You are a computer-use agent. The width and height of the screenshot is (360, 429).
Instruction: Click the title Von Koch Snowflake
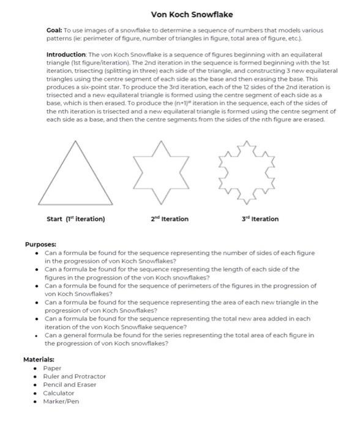point(192,14)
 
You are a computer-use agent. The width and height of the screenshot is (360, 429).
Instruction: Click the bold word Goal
point(54,30)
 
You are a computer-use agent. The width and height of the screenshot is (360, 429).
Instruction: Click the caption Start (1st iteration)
point(76,219)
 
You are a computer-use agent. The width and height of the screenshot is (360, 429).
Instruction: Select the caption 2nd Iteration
point(170,219)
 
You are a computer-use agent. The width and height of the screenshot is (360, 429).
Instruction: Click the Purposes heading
point(41,244)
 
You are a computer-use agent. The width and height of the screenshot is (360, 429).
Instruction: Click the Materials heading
point(39,359)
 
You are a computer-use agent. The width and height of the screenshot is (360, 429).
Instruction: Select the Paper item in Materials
point(52,368)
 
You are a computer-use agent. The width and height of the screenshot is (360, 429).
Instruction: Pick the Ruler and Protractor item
point(74,376)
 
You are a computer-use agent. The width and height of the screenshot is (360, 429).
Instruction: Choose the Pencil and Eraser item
point(69,385)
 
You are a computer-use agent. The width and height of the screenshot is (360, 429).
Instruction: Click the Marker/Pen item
point(61,401)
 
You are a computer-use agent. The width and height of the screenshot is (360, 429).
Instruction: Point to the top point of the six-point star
point(160,141)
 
